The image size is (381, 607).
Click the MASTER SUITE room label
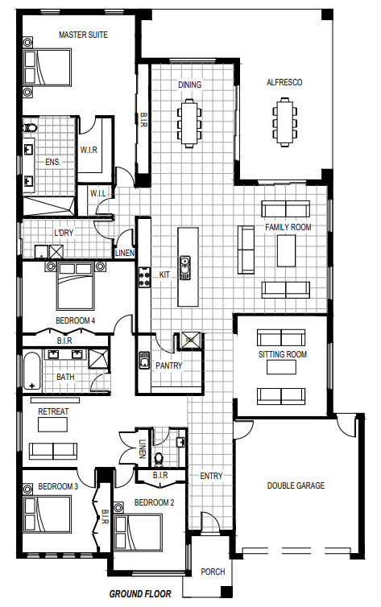click(83, 35)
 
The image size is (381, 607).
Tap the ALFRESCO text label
click(284, 82)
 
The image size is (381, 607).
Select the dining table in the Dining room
click(190, 122)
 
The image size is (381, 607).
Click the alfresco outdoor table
click(284, 122)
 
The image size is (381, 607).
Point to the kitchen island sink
click(185, 267)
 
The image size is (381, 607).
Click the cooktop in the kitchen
click(144, 278)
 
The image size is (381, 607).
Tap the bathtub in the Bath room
click(31, 370)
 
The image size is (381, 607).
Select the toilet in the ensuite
click(30, 128)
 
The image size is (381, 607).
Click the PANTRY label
click(169, 365)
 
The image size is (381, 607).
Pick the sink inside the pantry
click(144, 360)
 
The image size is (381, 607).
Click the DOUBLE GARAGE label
click(296, 485)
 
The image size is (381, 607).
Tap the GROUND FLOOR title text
click(140, 593)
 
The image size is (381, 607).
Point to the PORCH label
click(213, 572)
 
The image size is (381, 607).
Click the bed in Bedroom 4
click(76, 286)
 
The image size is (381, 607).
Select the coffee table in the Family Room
click(286, 251)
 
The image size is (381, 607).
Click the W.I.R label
click(89, 150)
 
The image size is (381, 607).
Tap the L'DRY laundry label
click(64, 233)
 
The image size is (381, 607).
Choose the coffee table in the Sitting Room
click(281, 367)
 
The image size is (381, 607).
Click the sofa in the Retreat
click(53, 452)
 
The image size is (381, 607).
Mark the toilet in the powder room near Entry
click(159, 459)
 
